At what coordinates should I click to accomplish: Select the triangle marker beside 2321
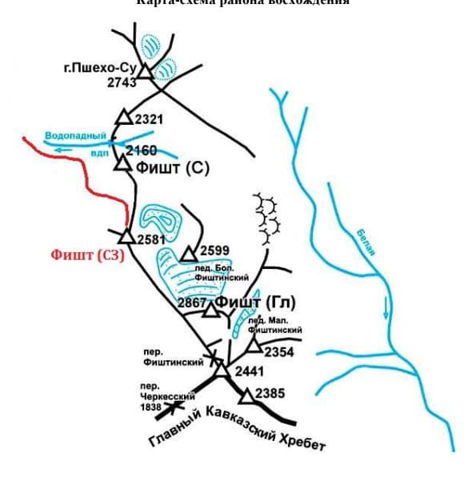coord(123,118)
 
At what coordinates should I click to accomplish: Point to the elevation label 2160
coord(142,150)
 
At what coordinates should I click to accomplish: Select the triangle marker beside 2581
coord(126,235)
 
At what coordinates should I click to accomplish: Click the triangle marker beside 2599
coord(188,255)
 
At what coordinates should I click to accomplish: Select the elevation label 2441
coord(248,372)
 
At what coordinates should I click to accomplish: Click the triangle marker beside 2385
coord(246,395)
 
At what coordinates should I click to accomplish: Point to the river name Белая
coord(366,241)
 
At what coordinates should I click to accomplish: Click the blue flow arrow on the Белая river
coord(385,307)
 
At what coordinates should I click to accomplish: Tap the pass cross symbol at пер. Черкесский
coord(170,408)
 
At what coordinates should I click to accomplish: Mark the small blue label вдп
coord(99,152)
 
